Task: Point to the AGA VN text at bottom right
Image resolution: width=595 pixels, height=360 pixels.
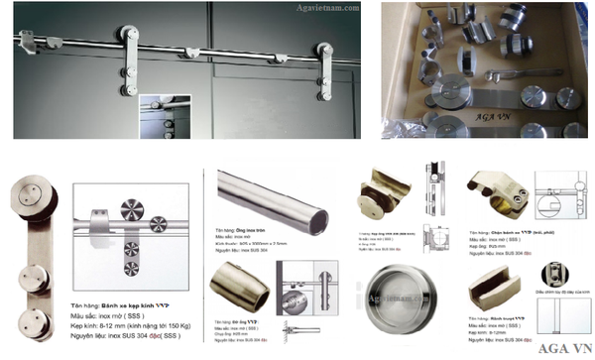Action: (x=565, y=347)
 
